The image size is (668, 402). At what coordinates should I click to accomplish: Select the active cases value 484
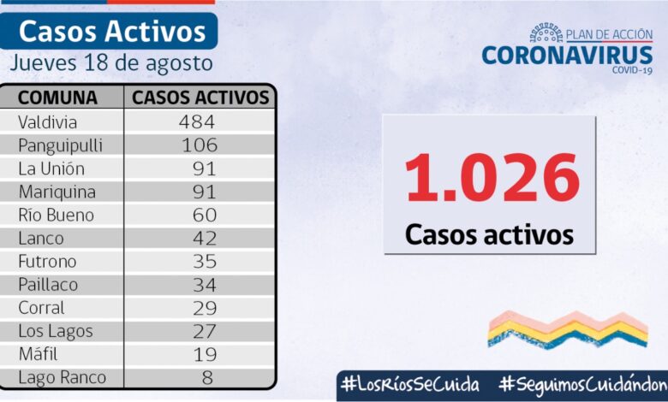click(197, 121)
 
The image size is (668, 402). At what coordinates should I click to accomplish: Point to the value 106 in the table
click(199, 145)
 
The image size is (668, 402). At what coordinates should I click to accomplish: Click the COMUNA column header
click(58, 97)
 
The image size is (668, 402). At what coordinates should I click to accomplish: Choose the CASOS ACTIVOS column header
click(200, 97)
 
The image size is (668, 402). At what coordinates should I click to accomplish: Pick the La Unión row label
click(51, 168)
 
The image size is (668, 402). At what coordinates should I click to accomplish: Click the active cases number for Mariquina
click(204, 192)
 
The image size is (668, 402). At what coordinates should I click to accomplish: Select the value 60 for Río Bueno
click(204, 215)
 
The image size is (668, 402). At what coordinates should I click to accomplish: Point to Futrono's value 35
click(204, 261)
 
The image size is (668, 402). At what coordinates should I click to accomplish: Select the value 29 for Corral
click(204, 307)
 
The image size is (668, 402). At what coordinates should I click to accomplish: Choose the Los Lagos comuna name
click(55, 330)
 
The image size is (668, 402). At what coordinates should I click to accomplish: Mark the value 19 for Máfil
click(204, 353)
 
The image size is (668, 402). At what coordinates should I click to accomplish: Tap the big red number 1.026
click(491, 178)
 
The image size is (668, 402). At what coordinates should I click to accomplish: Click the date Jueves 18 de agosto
click(111, 63)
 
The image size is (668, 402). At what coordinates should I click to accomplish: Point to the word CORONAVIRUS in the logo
click(567, 55)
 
